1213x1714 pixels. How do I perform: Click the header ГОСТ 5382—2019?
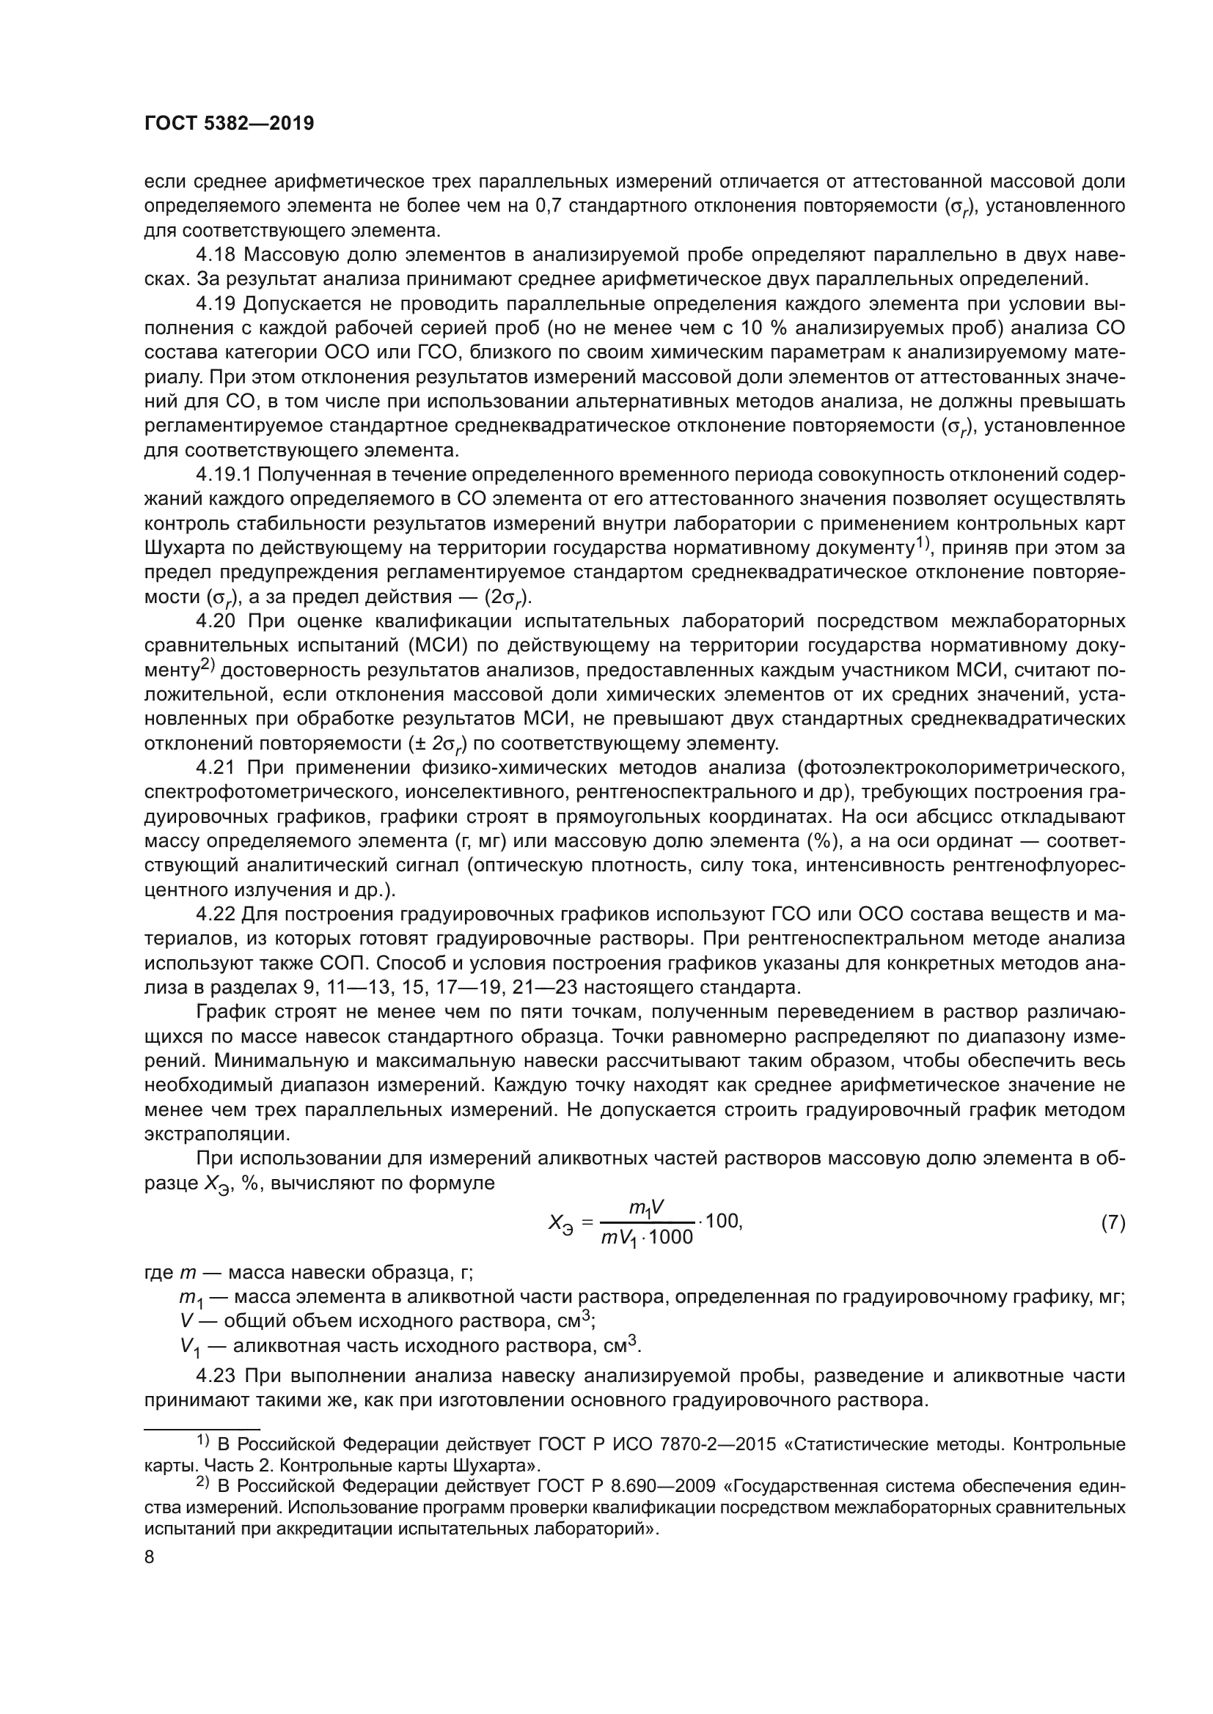[x=229, y=124]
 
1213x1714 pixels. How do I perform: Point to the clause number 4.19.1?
[x=225, y=475]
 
